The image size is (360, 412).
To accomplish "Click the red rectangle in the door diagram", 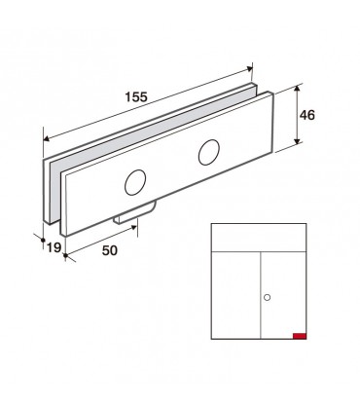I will click(x=300, y=336).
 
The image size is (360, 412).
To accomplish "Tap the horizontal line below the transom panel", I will click(x=259, y=252).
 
